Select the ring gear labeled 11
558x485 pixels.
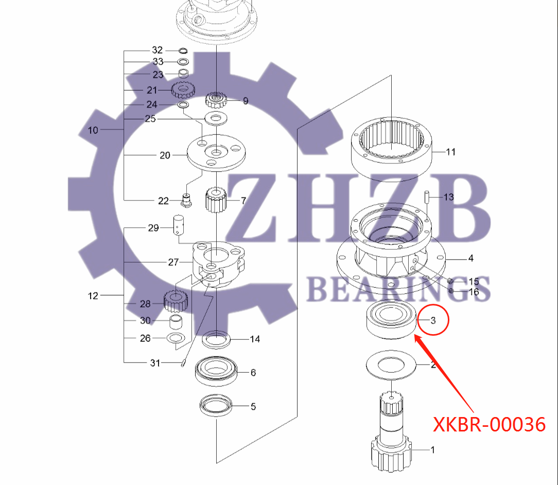[392, 147]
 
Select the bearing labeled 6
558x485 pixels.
[216, 370]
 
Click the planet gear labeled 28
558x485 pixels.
[175, 301]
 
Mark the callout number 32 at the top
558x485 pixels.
[157, 50]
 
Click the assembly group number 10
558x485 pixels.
[93, 130]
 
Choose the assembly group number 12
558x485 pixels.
[93, 296]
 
